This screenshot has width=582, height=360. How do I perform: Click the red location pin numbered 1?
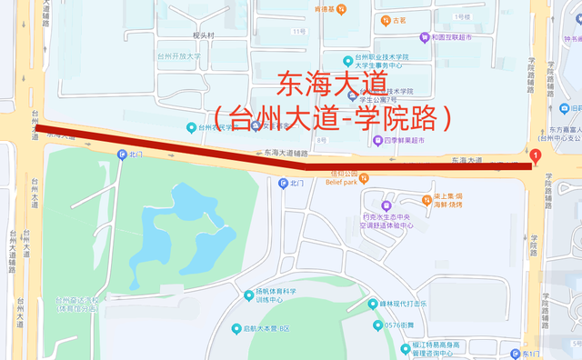[x=537, y=156]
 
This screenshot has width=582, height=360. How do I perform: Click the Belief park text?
[x=345, y=182]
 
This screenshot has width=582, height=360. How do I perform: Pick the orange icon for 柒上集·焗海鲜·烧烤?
[x=426, y=198]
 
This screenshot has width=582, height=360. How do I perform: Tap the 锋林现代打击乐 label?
[x=402, y=304]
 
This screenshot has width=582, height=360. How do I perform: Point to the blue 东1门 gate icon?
[x=514, y=353]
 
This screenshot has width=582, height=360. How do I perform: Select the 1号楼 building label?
[x=462, y=16]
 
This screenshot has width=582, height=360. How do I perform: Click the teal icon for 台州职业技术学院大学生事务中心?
[x=347, y=61]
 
